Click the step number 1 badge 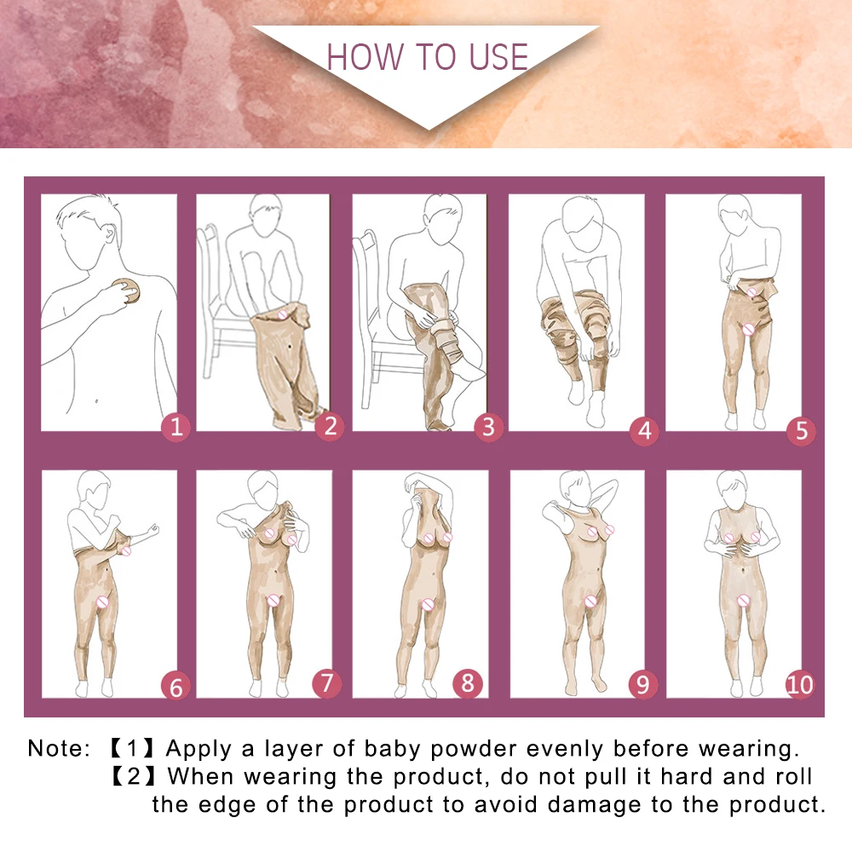[x=176, y=427]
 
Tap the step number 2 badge [x=331, y=427]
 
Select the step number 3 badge [x=487, y=427]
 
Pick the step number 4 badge [x=644, y=430]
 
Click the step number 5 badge [x=801, y=430]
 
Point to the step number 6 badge [x=176, y=686]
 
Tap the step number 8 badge [x=468, y=682]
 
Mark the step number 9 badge [x=644, y=683]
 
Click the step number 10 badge [x=801, y=683]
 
